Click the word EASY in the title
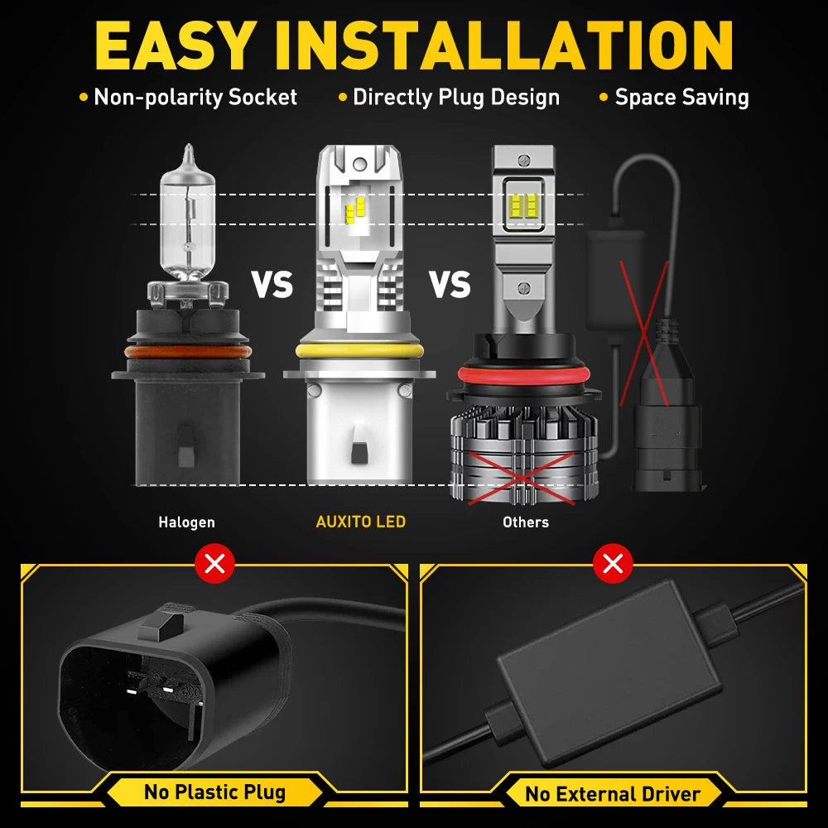pyautogui.click(x=173, y=46)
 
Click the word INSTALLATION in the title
pyautogui.click(x=503, y=46)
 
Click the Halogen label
pyautogui.click(x=186, y=522)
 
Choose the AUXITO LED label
pyautogui.click(x=361, y=522)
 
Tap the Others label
pyautogui.click(x=526, y=522)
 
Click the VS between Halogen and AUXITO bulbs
pyautogui.click(x=272, y=285)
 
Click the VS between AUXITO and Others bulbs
pyautogui.click(x=450, y=285)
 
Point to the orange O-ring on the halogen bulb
pyautogui.click(x=188, y=352)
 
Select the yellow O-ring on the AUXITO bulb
pyautogui.click(x=359, y=350)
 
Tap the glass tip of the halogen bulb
pyautogui.click(x=189, y=154)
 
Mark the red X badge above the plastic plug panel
pyautogui.click(x=214, y=563)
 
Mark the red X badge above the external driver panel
pyautogui.click(x=613, y=563)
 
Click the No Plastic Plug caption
pyautogui.click(x=215, y=792)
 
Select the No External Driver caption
pyautogui.click(x=613, y=794)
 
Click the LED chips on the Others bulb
pyautogui.click(x=523, y=205)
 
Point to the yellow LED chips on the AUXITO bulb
pyautogui.click(x=355, y=210)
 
